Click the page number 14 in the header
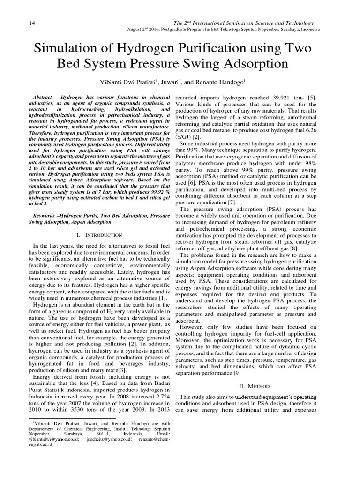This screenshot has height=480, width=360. click(x=19, y=23)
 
